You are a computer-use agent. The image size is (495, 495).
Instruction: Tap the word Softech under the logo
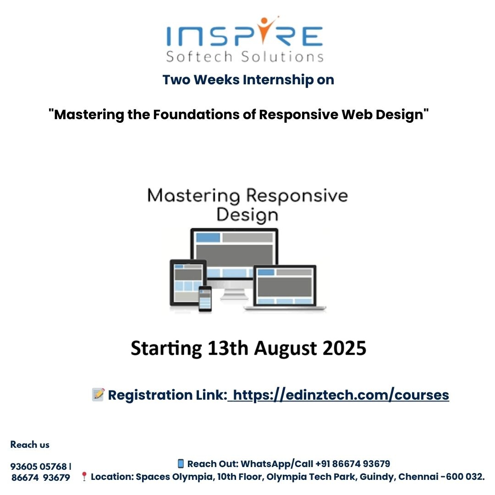pos(199,56)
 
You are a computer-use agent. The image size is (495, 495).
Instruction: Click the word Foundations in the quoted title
pos(196,114)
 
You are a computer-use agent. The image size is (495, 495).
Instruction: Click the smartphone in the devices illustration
pos(205,299)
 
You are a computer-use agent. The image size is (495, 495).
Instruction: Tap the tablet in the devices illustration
pos(188,282)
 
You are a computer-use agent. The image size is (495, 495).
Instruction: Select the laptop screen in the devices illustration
pos(285,286)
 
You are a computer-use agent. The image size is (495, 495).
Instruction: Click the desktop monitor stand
pos(234,294)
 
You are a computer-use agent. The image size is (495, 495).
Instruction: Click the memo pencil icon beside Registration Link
pos(98,395)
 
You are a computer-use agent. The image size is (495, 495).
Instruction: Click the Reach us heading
pos(30,445)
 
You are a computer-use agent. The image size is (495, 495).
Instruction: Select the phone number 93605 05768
pos(38,466)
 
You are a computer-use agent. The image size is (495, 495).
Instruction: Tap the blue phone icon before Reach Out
pos(181,463)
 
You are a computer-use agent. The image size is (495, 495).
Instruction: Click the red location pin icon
pos(84,477)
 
